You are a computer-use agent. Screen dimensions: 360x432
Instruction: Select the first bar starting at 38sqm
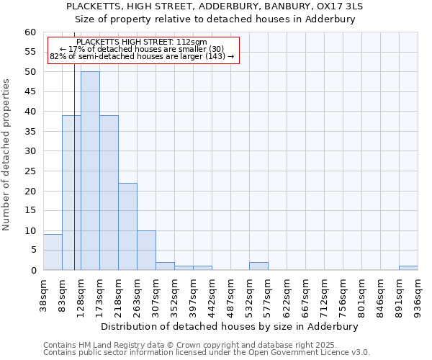53,252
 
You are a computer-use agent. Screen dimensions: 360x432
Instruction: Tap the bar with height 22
127,226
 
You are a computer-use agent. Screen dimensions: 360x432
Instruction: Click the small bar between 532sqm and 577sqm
258,266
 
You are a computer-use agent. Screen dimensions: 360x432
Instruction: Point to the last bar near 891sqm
408,268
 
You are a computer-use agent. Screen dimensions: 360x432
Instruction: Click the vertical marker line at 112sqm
74,180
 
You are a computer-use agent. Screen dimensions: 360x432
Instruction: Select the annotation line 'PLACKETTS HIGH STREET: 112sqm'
141,42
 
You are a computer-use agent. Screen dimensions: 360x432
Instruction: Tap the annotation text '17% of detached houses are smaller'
141,49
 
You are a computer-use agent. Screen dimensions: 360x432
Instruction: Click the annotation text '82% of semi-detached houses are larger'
141,56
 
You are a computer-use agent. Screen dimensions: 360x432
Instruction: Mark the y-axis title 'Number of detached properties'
6,155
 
